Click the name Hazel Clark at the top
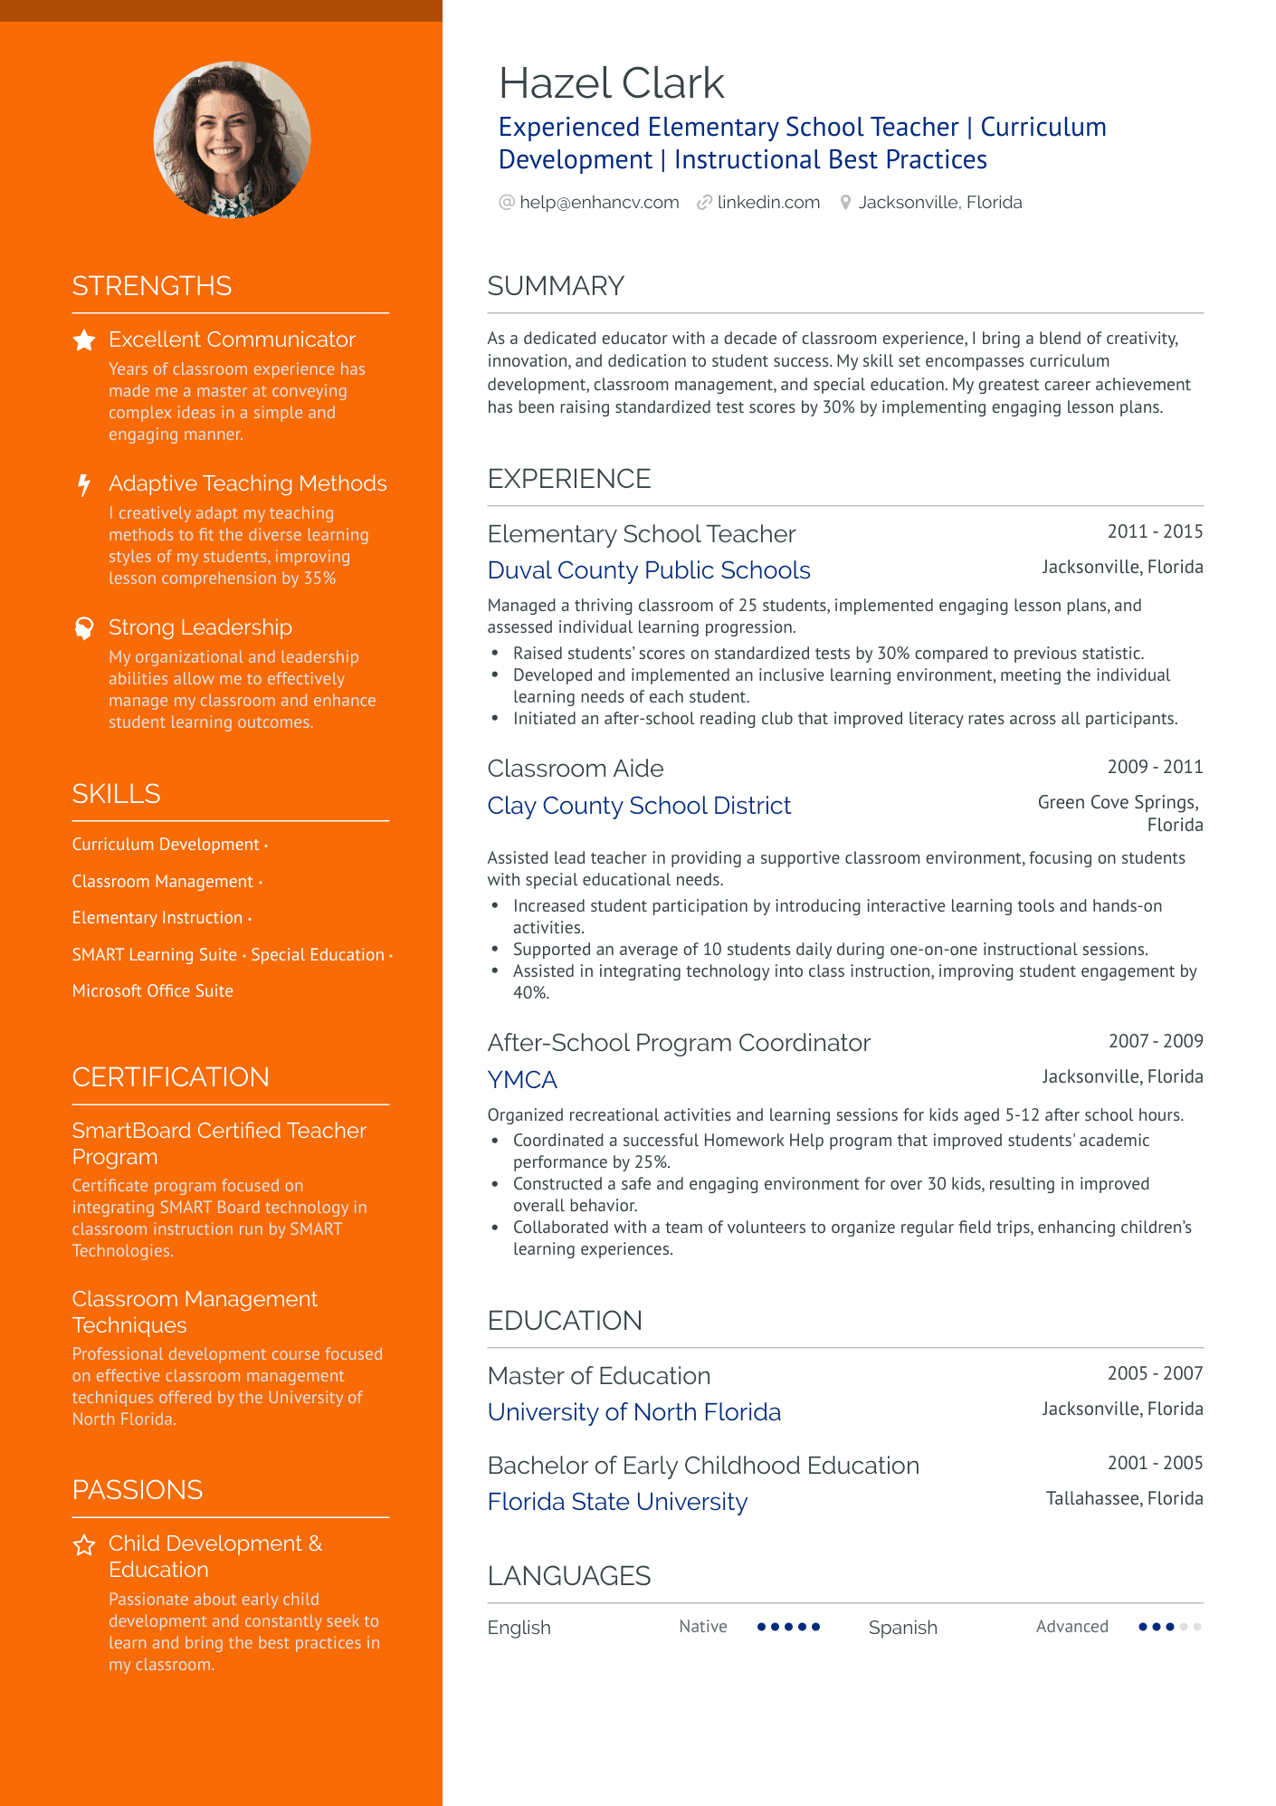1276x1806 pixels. (x=611, y=84)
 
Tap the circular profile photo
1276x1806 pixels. (x=233, y=140)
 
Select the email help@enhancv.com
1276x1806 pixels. (x=598, y=203)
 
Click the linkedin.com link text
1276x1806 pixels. (x=767, y=203)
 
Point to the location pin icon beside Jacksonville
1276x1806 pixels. (x=845, y=203)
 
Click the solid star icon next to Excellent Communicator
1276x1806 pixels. (x=84, y=340)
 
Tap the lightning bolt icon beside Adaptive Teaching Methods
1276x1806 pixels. (x=84, y=484)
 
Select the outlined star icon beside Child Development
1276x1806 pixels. (x=84, y=1545)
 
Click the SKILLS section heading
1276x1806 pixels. (x=116, y=794)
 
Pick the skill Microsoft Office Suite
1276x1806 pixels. (x=152, y=991)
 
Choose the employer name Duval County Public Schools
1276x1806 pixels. (x=648, y=570)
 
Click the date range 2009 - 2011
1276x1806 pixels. (x=1155, y=767)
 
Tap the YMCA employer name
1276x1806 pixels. (x=522, y=1080)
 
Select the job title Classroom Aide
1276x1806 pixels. (x=575, y=769)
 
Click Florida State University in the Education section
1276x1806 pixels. (x=617, y=1502)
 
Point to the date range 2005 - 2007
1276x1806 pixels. (x=1155, y=1373)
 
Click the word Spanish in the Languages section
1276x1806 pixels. (x=902, y=1628)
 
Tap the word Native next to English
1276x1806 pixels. (x=702, y=1627)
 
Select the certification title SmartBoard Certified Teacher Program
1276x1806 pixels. (x=218, y=1143)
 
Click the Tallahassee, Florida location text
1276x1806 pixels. (x=1124, y=1498)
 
